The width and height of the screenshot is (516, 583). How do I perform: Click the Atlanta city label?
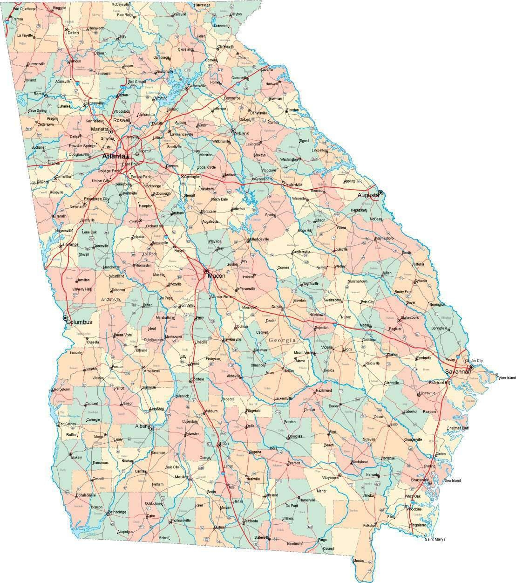pos(113,156)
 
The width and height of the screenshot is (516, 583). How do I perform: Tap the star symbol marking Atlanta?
pos(127,157)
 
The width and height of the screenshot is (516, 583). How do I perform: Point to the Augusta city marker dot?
pos(380,192)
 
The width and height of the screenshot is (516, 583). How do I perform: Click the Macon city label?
pos(217,276)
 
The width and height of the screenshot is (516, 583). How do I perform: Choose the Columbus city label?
pos(79,322)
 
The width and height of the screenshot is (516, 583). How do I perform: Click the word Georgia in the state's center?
pos(282,340)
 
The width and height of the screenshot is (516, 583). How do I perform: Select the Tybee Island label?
pos(506,377)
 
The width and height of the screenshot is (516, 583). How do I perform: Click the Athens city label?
pos(241,134)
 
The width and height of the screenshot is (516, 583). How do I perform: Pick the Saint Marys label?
pos(435,539)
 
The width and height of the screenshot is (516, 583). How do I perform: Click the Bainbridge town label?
pos(116,513)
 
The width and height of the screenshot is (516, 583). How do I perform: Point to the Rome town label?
pos(39,94)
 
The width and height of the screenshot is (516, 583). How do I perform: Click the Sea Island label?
pos(452,480)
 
